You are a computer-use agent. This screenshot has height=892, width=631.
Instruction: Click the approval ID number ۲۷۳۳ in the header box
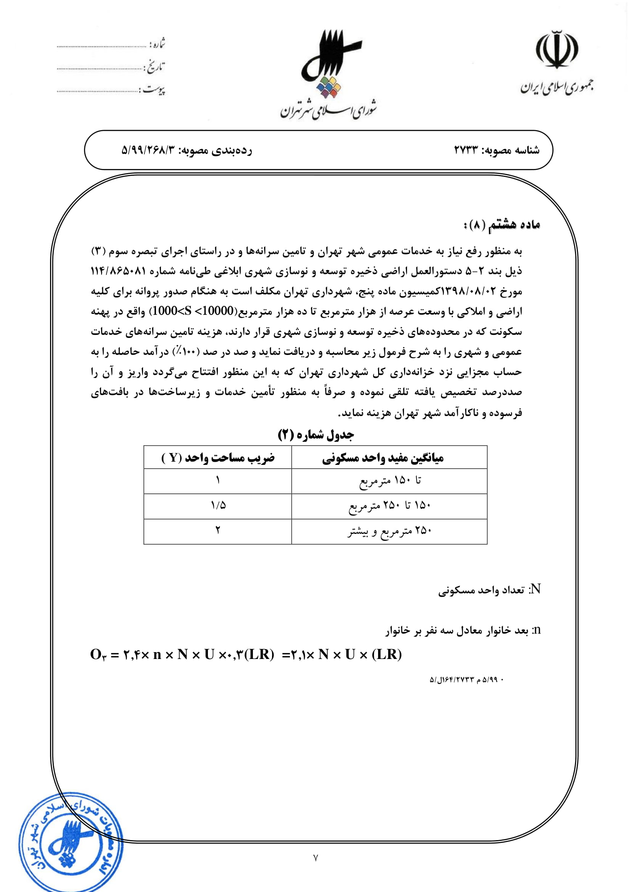tap(465, 150)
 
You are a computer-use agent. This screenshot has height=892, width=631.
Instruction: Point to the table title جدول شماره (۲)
tap(315, 434)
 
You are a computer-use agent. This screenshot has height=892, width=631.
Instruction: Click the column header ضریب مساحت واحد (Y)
tap(217, 458)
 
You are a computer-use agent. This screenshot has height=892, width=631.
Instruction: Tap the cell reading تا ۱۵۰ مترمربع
tap(390, 481)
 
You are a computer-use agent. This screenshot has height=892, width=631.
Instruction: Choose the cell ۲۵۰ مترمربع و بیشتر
tap(390, 531)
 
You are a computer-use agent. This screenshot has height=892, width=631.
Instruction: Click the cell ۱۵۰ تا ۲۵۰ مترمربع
tap(390, 506)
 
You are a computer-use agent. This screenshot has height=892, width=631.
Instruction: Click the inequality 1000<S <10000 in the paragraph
tap(193, 311)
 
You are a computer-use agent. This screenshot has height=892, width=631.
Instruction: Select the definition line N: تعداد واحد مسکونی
tap(489, 590)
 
